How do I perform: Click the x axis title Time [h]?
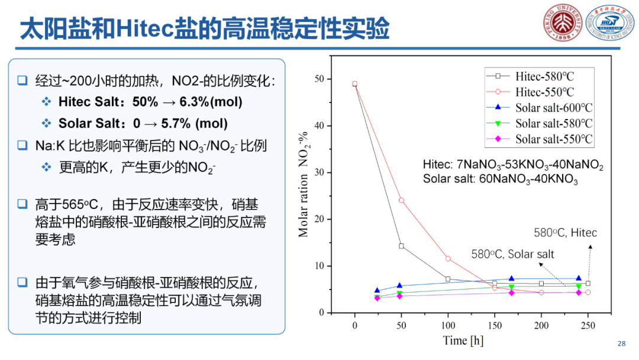(x=463, y=340)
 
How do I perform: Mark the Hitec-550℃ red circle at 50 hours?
(x=402, y=200)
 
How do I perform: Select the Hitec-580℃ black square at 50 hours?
(x=402, y=246)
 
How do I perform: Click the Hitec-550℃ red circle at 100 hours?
(x=448, y=259)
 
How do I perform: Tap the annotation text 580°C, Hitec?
(x=565, y=233)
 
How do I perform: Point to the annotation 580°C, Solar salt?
(x=513, y=254)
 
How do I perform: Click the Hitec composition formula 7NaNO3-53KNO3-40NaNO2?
(x=513, y=166)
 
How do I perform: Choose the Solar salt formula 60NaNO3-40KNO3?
(x=500, y=179)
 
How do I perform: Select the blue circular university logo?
(x=606, y=22)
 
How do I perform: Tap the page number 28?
(x=621, y=344)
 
